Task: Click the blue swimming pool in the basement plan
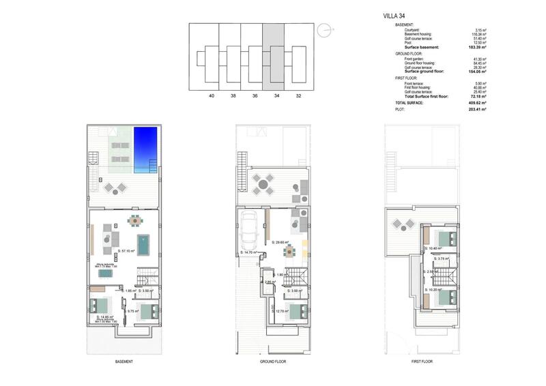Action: coord(146,149)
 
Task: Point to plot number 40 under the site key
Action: coord(211,97)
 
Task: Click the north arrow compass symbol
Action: coord(326,29)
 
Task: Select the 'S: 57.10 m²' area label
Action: coord(128,252)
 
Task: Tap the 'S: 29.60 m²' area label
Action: coord(281,242)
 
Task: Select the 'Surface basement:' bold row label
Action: coord(420,47)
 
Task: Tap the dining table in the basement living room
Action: coord(135,221)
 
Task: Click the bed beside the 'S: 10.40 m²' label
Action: coord(447,239)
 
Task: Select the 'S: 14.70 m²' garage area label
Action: coord(248,252)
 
